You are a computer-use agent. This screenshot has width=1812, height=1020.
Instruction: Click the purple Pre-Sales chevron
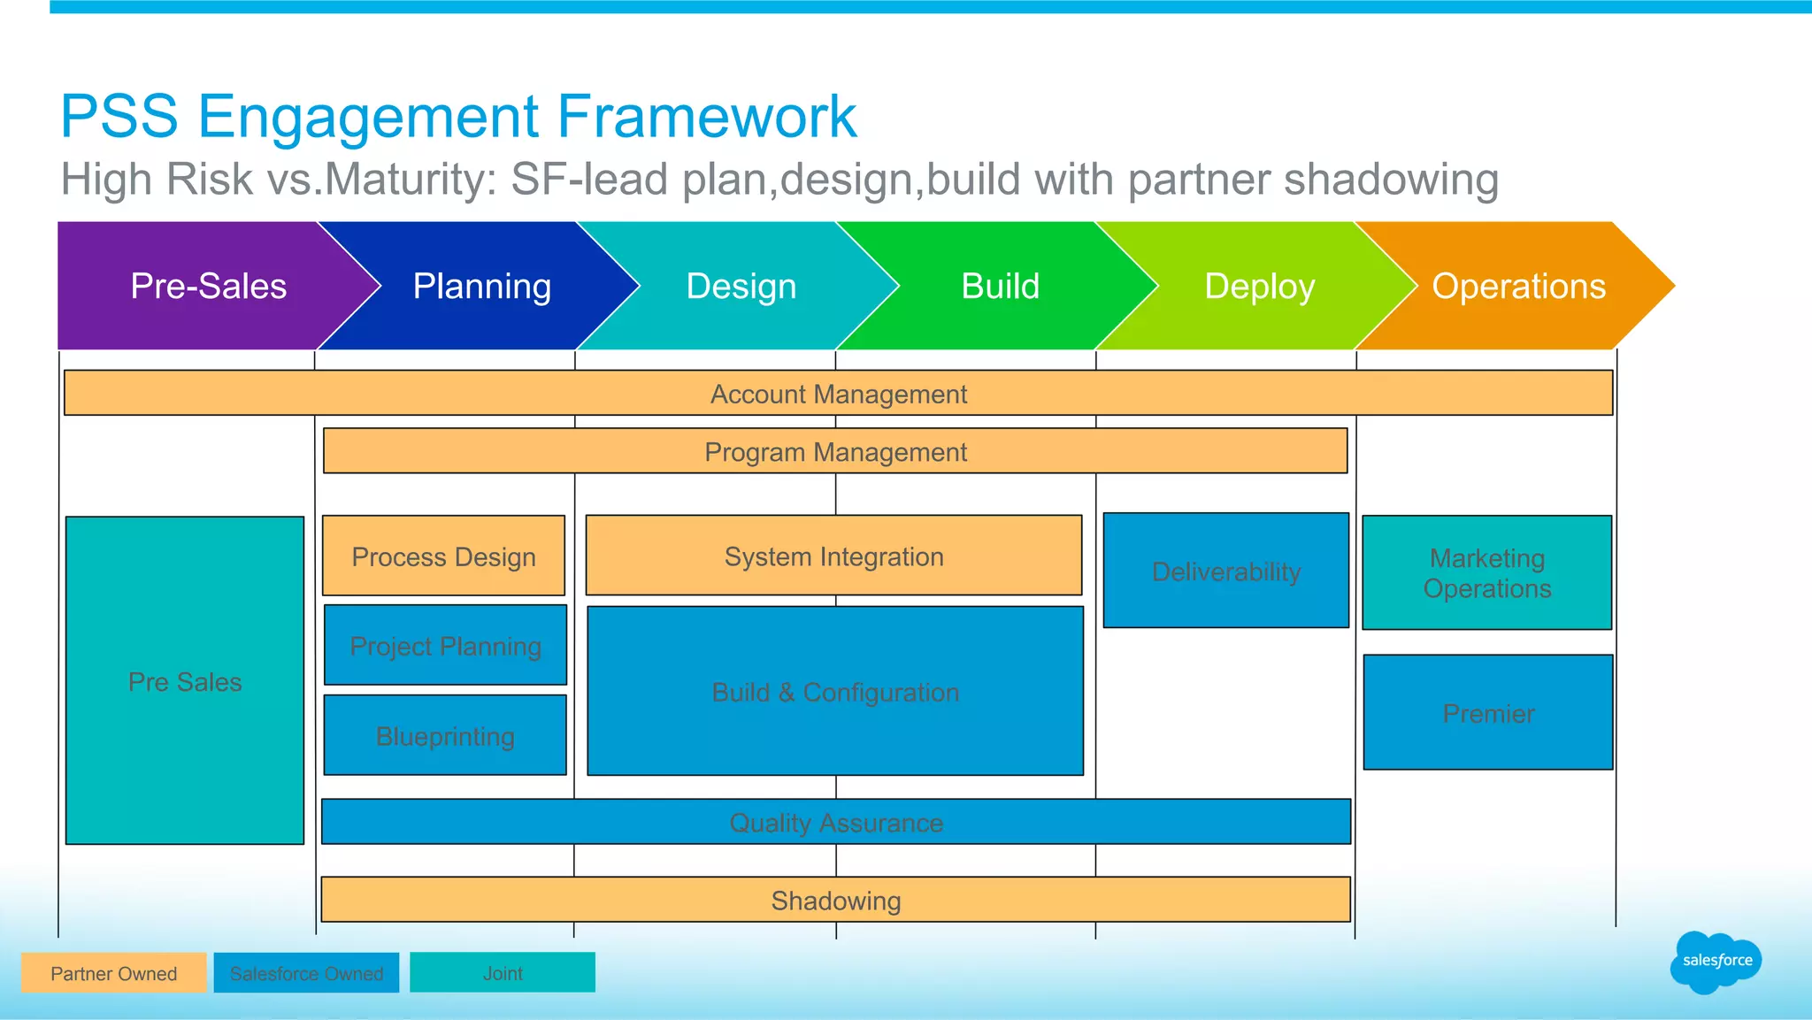208,286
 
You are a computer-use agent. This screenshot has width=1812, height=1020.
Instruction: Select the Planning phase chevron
482,286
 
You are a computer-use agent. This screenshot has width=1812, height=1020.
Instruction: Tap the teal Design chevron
741,286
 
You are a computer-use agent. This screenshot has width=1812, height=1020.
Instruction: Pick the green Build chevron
1001,286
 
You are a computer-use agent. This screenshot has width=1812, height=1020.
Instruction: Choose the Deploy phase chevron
1260,286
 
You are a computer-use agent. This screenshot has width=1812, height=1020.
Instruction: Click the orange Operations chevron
1518,286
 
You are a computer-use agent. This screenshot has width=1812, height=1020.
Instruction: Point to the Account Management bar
838,394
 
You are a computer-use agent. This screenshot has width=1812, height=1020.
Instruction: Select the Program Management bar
835,451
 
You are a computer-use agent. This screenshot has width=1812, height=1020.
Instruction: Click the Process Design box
443,556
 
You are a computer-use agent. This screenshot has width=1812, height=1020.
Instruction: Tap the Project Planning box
445,646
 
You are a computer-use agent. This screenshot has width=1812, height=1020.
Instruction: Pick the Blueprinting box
445,735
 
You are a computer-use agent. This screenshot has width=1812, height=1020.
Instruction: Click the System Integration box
833,556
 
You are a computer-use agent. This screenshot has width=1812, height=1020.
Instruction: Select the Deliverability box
1225,571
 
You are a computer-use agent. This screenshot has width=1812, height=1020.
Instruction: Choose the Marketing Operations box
1486,572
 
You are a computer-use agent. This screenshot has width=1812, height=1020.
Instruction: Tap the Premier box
1488,712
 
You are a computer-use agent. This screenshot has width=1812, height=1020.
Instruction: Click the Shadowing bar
835,900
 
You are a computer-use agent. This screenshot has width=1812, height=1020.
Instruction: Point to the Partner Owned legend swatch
113,973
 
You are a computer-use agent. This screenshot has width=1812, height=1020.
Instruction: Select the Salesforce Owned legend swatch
306,973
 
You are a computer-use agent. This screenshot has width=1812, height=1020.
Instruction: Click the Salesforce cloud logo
1716,961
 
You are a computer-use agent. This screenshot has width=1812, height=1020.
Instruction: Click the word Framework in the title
706,116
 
